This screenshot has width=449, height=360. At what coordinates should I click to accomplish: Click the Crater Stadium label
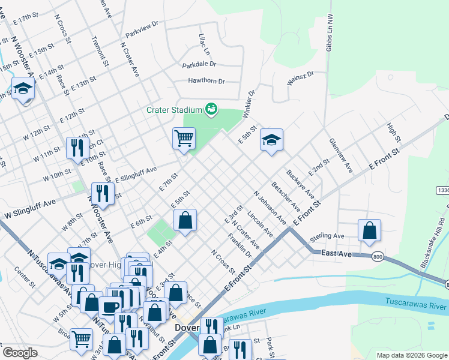coord(174,110)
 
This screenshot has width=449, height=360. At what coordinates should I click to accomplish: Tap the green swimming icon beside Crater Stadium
coord(211,109)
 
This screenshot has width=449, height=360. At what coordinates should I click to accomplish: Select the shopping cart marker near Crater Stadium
coord(184,139)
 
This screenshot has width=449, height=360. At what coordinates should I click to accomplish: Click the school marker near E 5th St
coord(271,140)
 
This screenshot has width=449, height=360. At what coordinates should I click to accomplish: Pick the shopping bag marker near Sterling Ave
coord(369,230)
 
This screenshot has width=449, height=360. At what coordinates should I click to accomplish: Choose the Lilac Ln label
coord(203,45)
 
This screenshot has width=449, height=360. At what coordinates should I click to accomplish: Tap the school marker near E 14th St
coord(23,89)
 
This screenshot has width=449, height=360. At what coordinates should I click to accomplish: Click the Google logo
coord(20,353)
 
